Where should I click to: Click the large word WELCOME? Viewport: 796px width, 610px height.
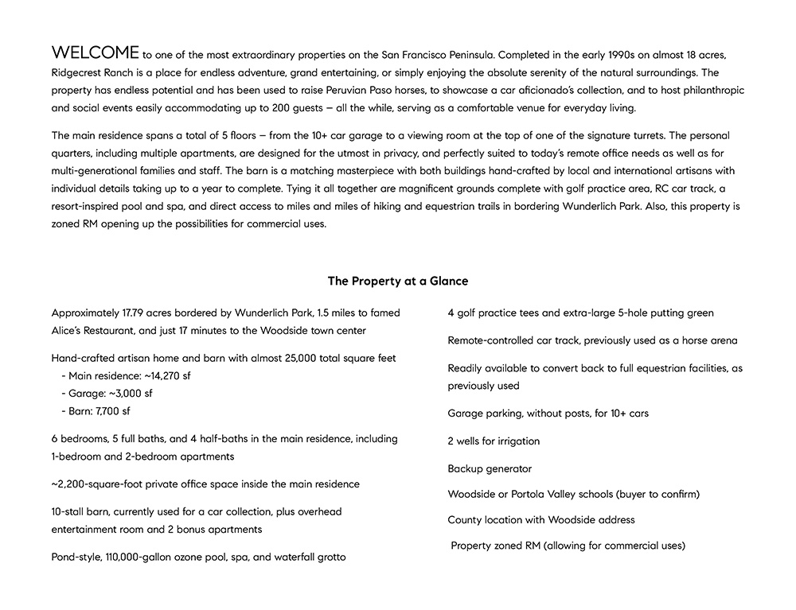(x=95, y=53)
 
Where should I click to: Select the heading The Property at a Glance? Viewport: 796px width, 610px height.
(x=398, y=281)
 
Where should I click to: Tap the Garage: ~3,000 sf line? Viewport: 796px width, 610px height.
(x=106, y=394)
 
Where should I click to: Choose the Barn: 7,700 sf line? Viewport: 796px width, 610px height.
(x=95, y=411)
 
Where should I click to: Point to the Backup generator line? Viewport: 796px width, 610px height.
(x=490, y=468)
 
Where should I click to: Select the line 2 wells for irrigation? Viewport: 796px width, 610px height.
(x=494, y=441)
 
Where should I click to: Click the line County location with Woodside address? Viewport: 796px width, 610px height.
(x=541, y=519)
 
